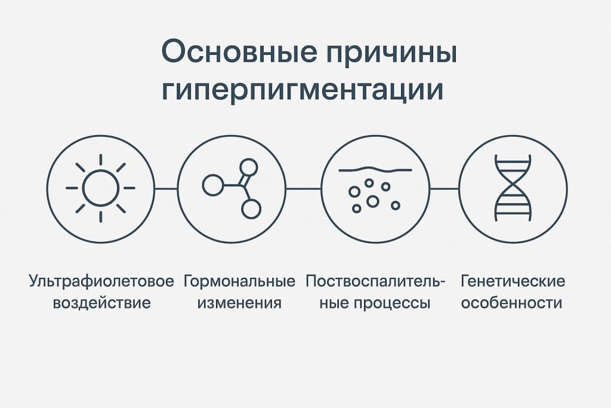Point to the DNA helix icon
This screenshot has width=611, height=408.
[x=513, y=188]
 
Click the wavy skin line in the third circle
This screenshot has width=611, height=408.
[x=375, y=169]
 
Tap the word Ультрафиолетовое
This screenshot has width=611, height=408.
[x=101, y=281]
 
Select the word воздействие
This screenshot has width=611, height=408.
[x=101, y=302]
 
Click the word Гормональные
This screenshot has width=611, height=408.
[x=240, y=281]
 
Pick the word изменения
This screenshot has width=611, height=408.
[x=239, y=302]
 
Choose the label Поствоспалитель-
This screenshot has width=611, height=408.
[x=375, y=281]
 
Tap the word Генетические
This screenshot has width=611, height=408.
[x=513, y=281]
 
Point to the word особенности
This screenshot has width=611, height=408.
[x=513, y=302]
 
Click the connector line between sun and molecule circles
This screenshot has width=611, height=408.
[x=166, y=188]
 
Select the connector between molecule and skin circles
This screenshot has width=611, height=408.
[x=304, y=188]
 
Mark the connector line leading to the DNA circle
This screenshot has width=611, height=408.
[x=444, y=188]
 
